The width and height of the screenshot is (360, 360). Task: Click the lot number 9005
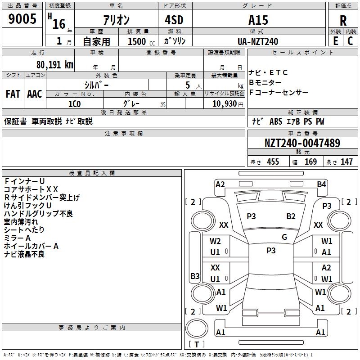22,19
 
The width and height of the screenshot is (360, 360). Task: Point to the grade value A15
258,20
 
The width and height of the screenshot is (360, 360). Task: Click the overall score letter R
343,21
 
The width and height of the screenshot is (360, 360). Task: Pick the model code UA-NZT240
258,41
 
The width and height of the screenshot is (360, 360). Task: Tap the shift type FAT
13,94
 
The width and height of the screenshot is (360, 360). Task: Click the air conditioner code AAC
35,94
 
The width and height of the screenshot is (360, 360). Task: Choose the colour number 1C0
74,103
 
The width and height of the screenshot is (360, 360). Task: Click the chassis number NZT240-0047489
302,144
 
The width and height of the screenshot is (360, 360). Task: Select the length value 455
273,162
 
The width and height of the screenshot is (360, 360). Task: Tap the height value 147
346,162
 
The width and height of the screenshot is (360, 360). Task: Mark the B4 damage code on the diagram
321,184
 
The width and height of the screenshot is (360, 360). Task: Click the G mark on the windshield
284,237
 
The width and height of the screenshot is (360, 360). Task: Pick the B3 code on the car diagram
195,276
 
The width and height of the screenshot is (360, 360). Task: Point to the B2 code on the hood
291,216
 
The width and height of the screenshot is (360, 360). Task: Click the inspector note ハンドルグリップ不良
38,214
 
